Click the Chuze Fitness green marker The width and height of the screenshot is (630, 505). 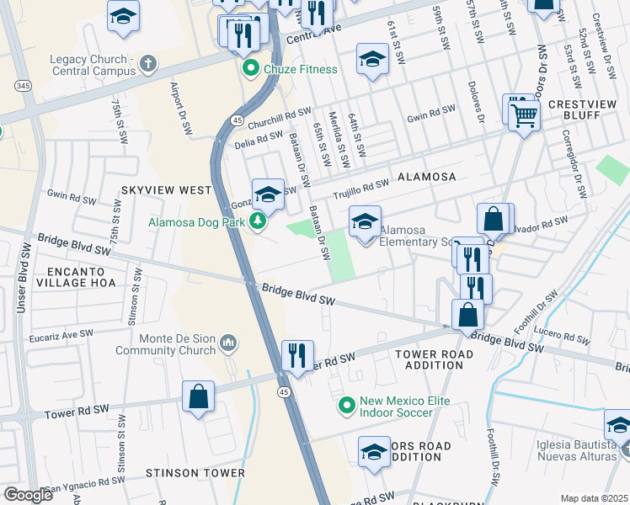click(x=250, y=70)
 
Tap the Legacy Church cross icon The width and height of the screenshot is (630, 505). click(x=147, y=62)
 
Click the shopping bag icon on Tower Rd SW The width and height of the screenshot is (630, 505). click(x=198, y=397)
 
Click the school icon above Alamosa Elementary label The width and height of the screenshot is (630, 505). click(x=365, y=222)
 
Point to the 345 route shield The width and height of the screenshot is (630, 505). click(x=23, y=86)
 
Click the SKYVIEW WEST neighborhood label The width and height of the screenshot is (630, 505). click(x=166, y=191)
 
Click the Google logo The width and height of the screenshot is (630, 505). click(x=28, y=494)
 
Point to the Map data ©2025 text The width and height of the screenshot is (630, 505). click(x=594, y=498)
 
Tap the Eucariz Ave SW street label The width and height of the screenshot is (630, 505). click(x=59, y=334)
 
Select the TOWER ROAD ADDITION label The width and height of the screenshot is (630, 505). click(x=434, y=359)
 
